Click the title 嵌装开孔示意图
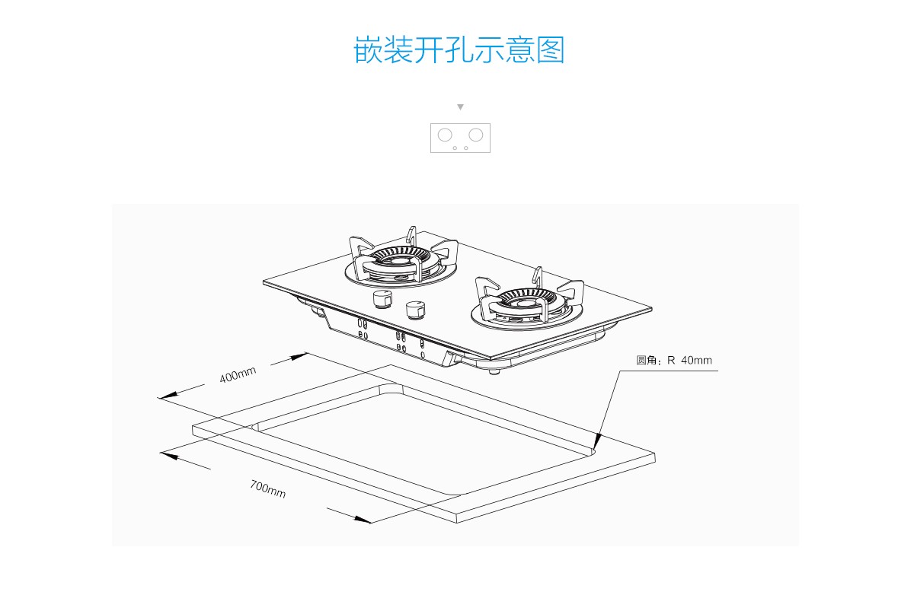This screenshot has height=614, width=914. [x=459, y=50]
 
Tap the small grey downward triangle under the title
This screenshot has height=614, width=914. [x=460, y=107]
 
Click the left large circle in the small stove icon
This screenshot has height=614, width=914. [x=446, y=135]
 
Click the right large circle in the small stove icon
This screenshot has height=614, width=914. [x=476, y=135]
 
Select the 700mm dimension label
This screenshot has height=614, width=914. [x=267, y=489]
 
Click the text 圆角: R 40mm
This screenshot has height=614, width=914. [x=674, y=360]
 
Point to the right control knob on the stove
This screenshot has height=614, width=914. [x=415, y=310]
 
